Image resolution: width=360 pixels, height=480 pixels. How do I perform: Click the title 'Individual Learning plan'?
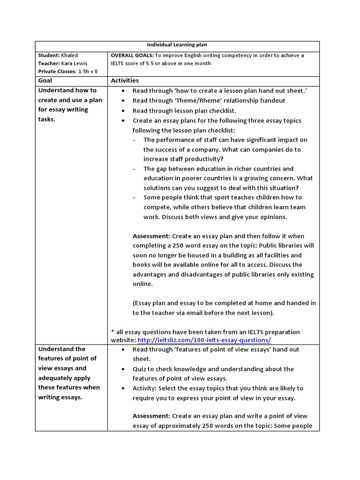(x=177, y=45)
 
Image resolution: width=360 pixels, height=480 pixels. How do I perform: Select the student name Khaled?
(x=70, y=55)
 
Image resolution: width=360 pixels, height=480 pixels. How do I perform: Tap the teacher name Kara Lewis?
(x=73, y=63)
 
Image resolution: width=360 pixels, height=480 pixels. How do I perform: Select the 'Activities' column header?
(x=125, y=81)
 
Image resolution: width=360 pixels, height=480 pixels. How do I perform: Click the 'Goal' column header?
(x=45, y=81)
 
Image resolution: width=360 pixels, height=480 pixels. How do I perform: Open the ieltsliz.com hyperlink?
(x=204, y=340)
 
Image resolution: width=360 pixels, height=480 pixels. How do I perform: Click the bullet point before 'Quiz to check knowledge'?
(x=123, y=369)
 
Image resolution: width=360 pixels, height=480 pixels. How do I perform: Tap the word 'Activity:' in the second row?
(x=145, y=388)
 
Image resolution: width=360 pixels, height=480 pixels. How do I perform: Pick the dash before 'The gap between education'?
(x=135, y=169)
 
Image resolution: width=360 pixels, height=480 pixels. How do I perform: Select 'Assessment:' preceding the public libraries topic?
(x=151, y=236)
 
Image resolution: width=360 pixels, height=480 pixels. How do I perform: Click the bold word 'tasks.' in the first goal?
(x=47, y=119)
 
